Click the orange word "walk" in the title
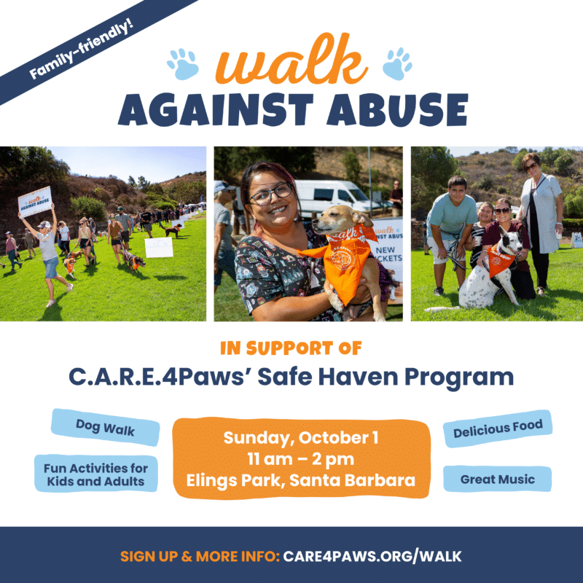(x=291, y=60)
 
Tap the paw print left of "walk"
(x=183, y=64)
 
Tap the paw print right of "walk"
(x=397, y=63)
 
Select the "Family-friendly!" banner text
(x=81, y=50)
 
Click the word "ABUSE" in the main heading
(x=397, y=109)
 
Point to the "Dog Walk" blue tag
(x=105, y=427)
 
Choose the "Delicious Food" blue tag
(x=498, y=429)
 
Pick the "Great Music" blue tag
(x=498, y=479)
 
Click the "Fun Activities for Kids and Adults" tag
(x=96, y=474)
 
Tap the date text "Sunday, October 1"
(x=301, y=438)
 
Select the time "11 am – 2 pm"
(x=301, y=459)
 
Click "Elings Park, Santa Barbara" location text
(x=301, y=480)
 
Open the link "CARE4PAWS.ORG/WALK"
(x=372, y=557)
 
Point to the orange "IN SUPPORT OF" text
(x=291, y=348)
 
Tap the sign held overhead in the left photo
(x=35, y=202)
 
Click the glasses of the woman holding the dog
(x=270, y=194)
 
